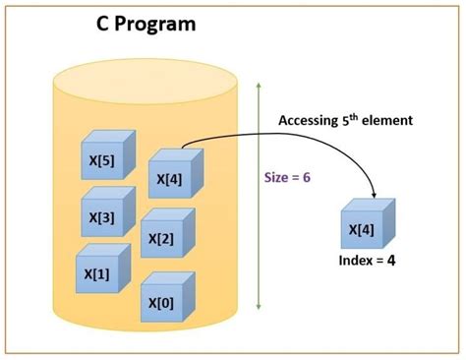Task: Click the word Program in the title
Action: click(x=157, y=22)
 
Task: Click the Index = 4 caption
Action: click(x=367, y=262)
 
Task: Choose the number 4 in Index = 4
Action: click(x=392, y=262)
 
